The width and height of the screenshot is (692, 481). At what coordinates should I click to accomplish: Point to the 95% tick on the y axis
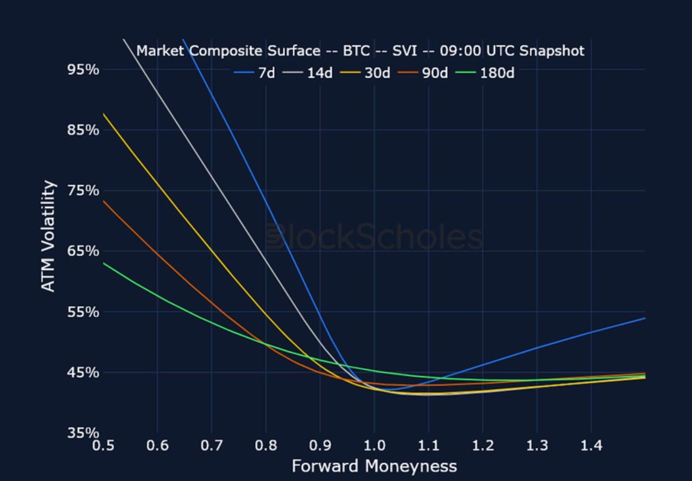point(83,69)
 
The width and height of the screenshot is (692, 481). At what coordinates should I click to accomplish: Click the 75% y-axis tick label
point(83,191)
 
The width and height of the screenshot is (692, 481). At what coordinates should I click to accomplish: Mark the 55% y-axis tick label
point(83,312)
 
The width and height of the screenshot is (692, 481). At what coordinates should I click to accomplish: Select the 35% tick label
point(83,433)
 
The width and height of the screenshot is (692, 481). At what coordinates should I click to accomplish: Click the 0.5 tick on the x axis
point(103,446)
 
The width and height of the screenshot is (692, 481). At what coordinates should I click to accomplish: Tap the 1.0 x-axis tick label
point(374,446)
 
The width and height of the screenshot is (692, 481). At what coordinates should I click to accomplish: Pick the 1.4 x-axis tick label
point(591,446)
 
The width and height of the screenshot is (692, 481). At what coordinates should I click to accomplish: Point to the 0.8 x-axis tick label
point(265,446)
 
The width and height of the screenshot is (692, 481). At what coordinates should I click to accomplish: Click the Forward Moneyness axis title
point(374,466)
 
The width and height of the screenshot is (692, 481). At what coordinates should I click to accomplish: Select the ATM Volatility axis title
point(49,236)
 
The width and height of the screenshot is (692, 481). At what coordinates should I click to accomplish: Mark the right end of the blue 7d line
point(645,318)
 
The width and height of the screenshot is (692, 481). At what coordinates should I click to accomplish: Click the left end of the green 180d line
point(104,263)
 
